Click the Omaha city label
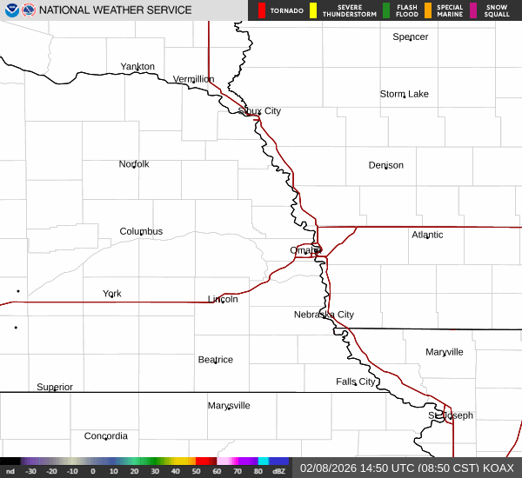[x=304, y=250]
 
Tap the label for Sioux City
[x=260, y=111]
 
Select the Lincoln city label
[x=223, y=299]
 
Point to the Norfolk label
[x=134, y=164]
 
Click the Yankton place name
[x=137, y=67]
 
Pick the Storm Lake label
[x=405, y=94]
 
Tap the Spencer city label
[x=411, y=37]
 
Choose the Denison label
[x=385, y=165]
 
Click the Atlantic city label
[x=427, y=235]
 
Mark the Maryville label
[x=445, y=352]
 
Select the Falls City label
[x=356, y=382]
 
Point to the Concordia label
[x=106, y=436]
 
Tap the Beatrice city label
[x=215, y=360]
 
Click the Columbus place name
[x=141, y=231]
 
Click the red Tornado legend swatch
[x=262, y=10]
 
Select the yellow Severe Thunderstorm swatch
[x=312, y=10]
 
